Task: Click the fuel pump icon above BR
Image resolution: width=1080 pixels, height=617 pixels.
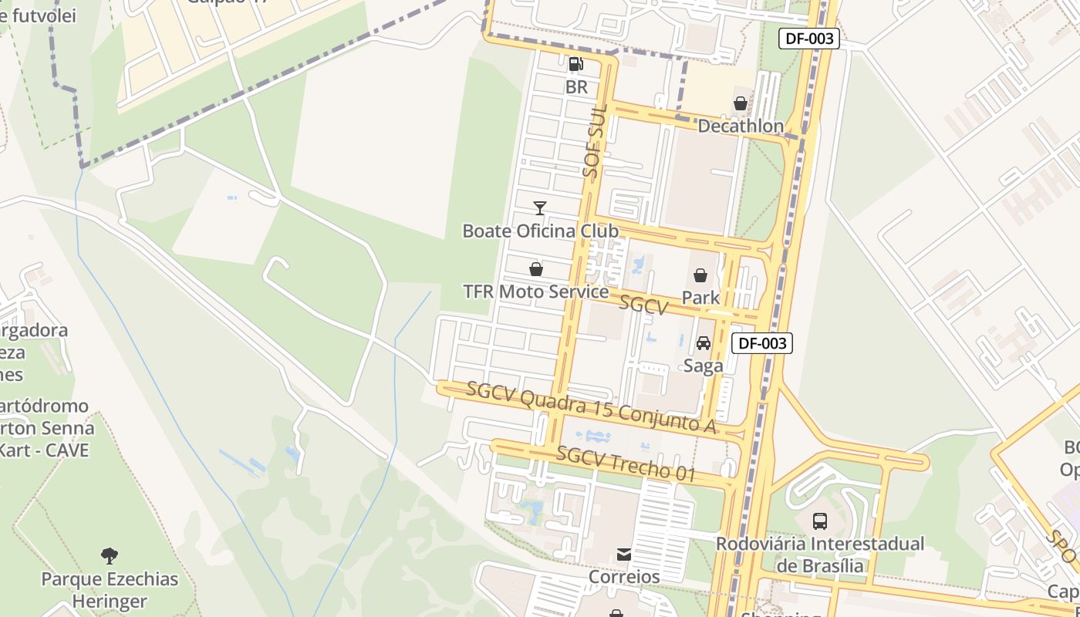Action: click(576, 64)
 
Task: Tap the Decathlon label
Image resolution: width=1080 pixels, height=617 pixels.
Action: click(740, 126)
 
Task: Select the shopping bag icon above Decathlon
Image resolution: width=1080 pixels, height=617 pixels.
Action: click(741, 103)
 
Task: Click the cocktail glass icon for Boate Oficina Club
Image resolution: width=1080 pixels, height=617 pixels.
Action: click(540, 208)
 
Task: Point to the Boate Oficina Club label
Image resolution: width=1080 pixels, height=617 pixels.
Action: click(540, 231)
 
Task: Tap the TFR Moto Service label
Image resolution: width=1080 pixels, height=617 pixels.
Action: click(535, 292)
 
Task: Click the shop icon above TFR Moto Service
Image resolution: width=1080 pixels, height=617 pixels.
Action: click(536, 269)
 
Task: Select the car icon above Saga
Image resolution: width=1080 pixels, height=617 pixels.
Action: click(704, 343)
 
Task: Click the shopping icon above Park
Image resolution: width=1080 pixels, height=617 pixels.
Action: click(700, 275)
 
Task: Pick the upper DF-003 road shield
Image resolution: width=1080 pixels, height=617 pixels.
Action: click(808, 39)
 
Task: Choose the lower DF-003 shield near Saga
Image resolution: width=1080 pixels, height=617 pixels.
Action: click(761, 344)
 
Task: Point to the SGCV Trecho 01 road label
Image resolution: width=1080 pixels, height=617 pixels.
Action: click(626, 464)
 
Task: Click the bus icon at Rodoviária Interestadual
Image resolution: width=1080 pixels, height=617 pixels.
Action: click(820, 521)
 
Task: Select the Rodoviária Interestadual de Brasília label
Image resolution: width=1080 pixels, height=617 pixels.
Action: click(820, 555)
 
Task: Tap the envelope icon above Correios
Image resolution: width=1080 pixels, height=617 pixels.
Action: click(624, 555)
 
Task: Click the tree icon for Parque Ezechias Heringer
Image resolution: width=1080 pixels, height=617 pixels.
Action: click(110, 555)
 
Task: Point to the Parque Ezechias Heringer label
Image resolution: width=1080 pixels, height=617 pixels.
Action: click(110, 590)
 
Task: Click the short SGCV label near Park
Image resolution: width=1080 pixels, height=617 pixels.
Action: click(643, 305)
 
